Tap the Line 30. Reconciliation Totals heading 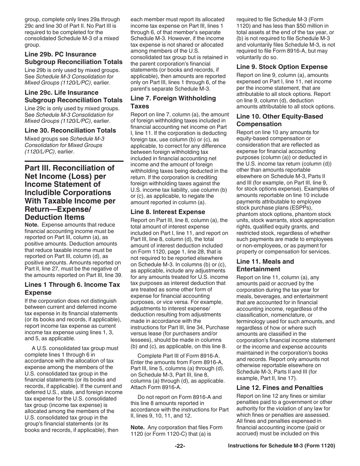pos(70,130)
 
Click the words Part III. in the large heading pos(41,168)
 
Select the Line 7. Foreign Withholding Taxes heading pos(173,102)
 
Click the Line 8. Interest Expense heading pos(167,212)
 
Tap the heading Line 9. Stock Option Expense pos(282,67)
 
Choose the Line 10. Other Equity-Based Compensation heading pos(280,120)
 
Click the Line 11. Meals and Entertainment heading pos(265,265)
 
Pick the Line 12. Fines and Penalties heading pos(280,388)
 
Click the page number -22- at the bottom pos(180,446)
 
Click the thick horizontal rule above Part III pos(74,161)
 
